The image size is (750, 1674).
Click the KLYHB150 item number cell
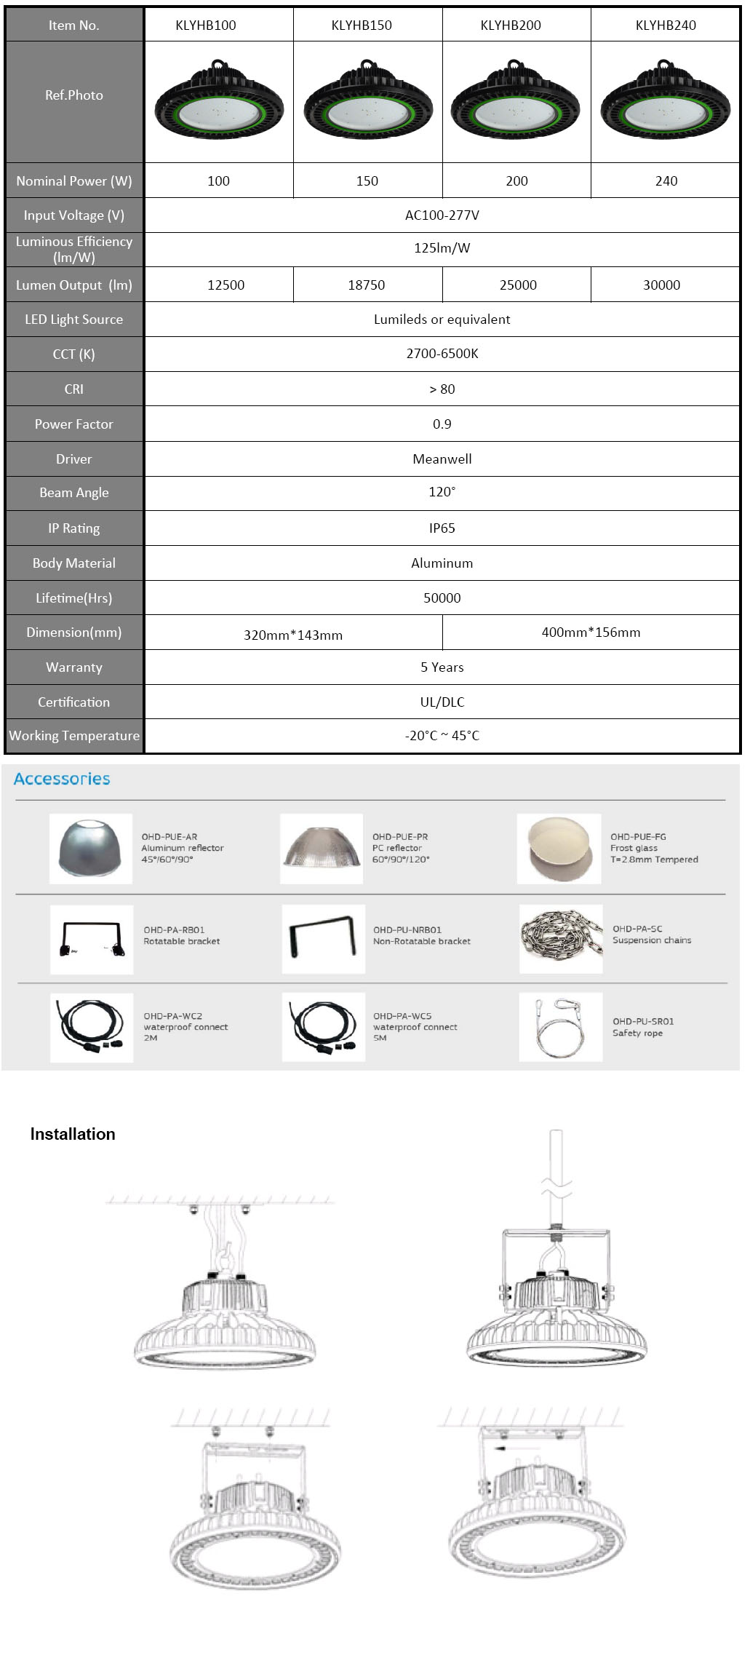(x=362, y=25)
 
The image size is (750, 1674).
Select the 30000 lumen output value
(x=661, y=285)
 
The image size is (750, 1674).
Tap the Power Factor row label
(x=74, y=424)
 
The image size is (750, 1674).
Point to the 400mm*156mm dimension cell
(x=591, y=632)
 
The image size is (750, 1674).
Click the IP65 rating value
(x=442, y=528)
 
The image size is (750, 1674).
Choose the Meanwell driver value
(x=442, y=459)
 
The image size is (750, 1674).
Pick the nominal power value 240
(x=666, y=181)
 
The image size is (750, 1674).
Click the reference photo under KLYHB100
(x=219, y=101)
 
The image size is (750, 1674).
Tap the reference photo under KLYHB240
(x=665, y=101)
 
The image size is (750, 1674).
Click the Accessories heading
(x=62, y=779)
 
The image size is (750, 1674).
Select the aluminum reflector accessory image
(x=91, y=849)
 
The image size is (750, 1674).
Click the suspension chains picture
(x=561, y=939)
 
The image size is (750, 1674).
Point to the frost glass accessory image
(x=559, y=849)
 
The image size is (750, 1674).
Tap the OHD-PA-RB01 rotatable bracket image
(x=92, y=939)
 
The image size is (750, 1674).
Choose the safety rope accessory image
(x=560, y=1027)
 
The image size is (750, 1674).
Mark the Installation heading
(x=73, y=1134)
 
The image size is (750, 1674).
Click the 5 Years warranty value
(x=442, y=667)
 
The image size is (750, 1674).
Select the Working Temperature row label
(x=74, y=736)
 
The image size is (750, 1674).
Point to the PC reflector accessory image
(x=322, y=849)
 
